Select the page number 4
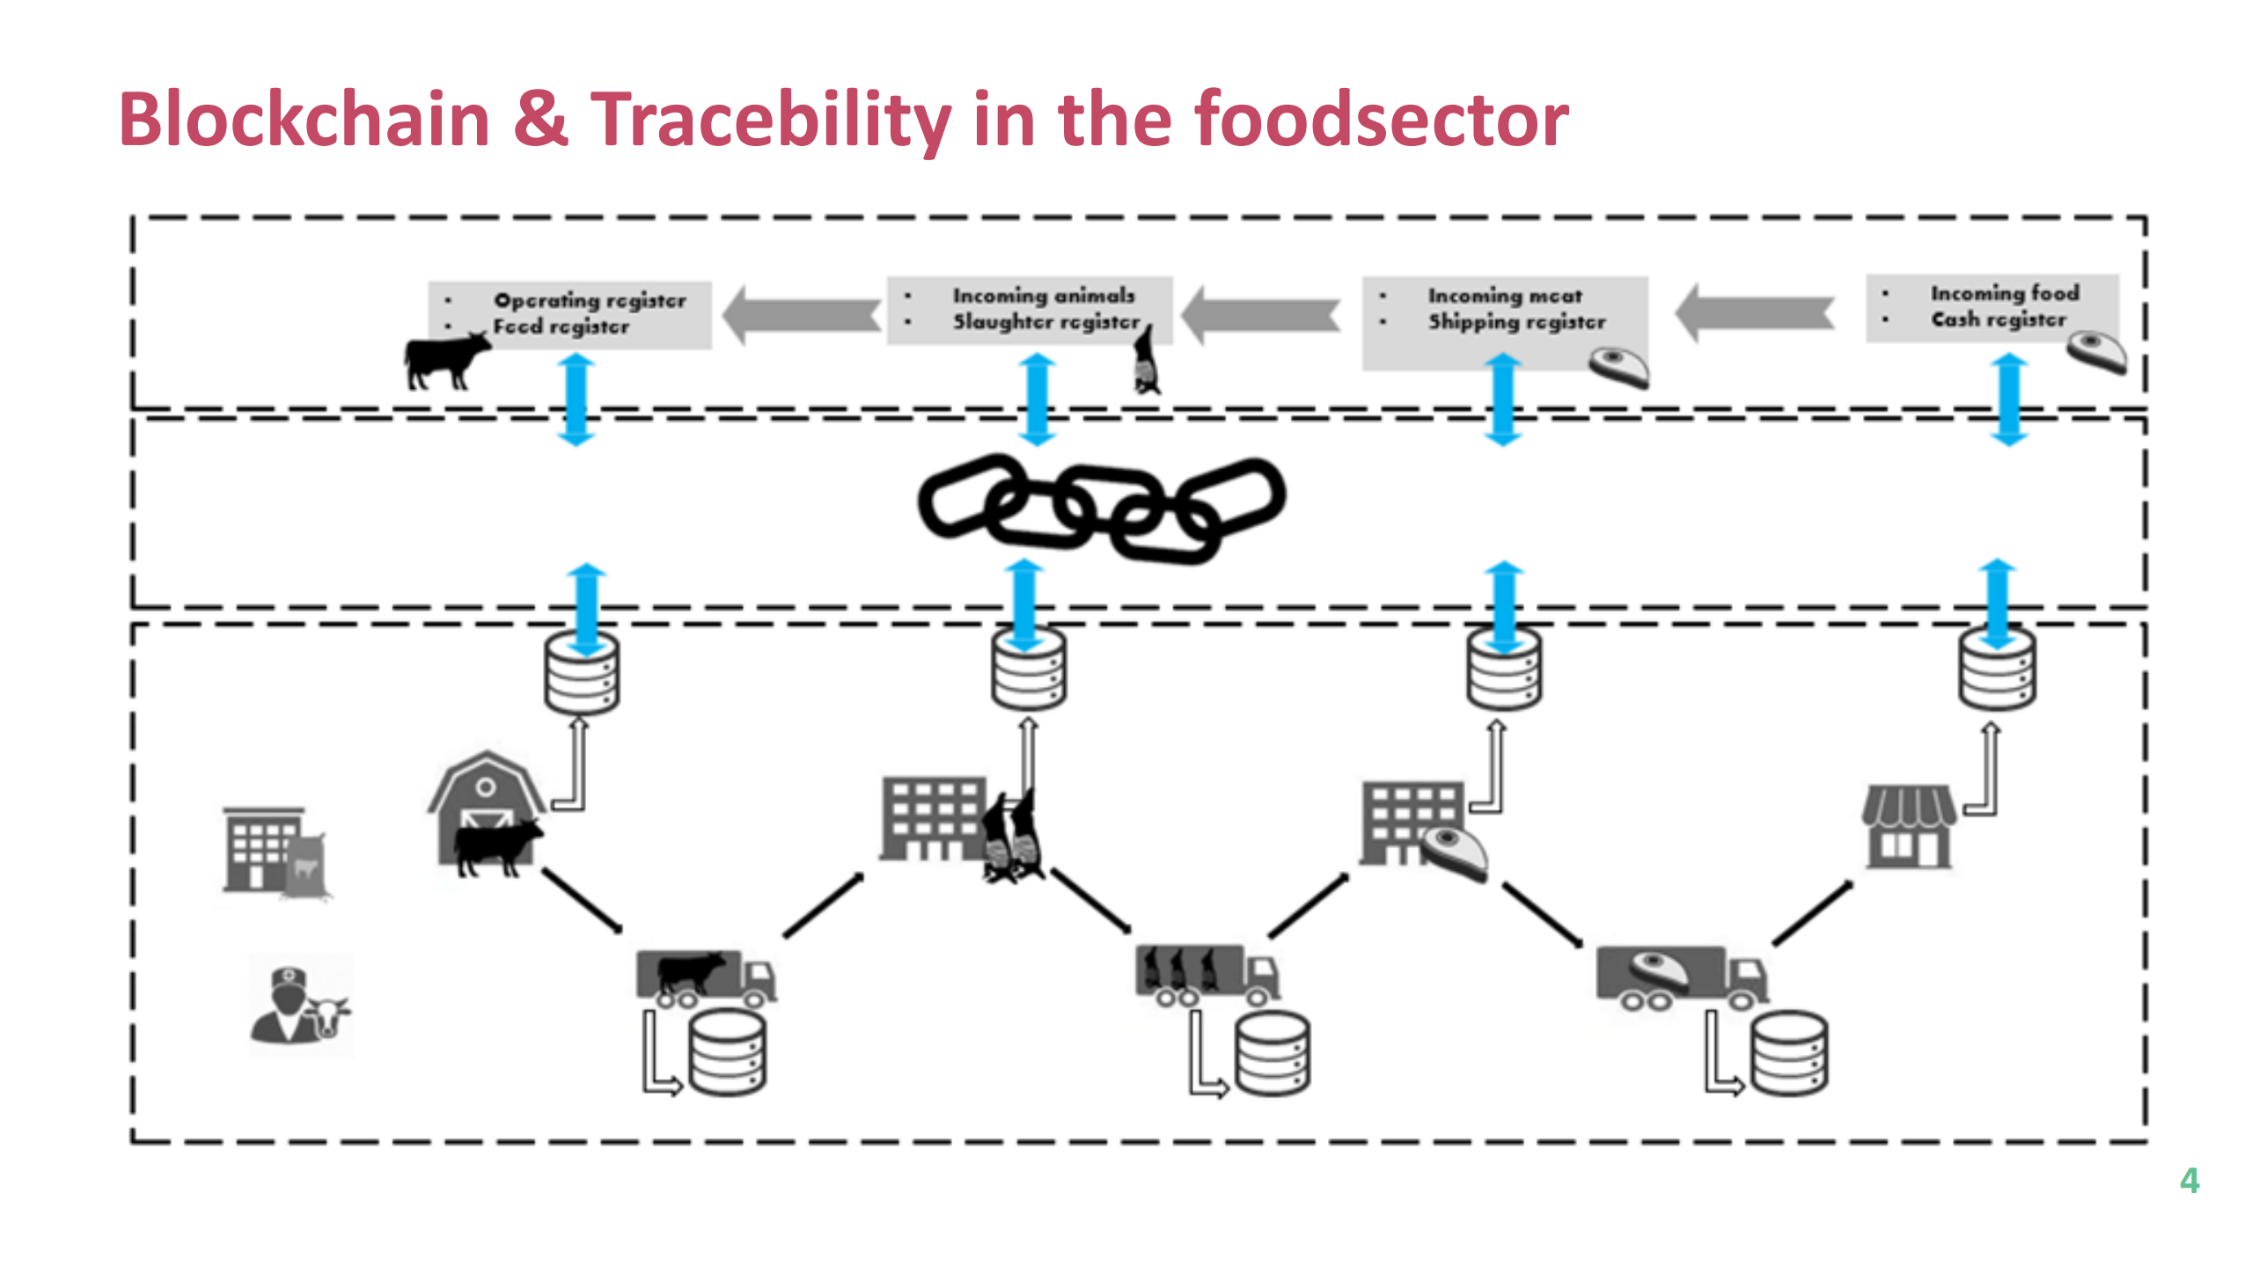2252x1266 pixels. pyautogui.click(x=2190, y=1180)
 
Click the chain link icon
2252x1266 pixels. pyautogui.click(x=1100, y=508)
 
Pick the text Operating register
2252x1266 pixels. pyautogui.click(x=589, y=300)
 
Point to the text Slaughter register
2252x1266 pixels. pyautogui.click(x=1045, y=322)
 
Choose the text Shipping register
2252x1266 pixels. pyautogui.click(x=1516, y=322)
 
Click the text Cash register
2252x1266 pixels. pyautogui.click(x=1998, y=319)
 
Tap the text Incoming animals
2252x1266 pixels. pyautogui.click(x=1043, y=296)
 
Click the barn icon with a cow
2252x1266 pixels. pyautogui.click(x=487, y=814)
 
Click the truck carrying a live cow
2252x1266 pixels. pyautogui.click(x=705, y=977)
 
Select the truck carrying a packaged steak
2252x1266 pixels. pyautogui.click(x=1681, y=976)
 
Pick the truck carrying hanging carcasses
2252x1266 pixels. pyautogui.click(x=1207, y=974)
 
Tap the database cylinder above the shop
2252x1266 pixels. pyautogui.click(x=1997, y=670)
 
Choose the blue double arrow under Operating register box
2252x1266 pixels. pyautogui.click(x=576, y=399)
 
